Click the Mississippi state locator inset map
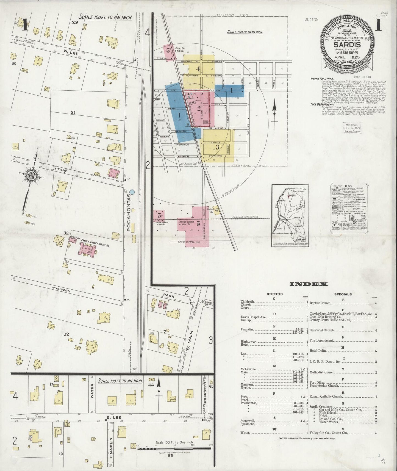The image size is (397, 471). click(290, 215)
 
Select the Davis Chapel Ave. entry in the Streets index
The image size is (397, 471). click(254, 317)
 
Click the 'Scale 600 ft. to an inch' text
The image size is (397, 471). click(245, 32)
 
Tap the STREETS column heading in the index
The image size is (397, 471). click(274, 294)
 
